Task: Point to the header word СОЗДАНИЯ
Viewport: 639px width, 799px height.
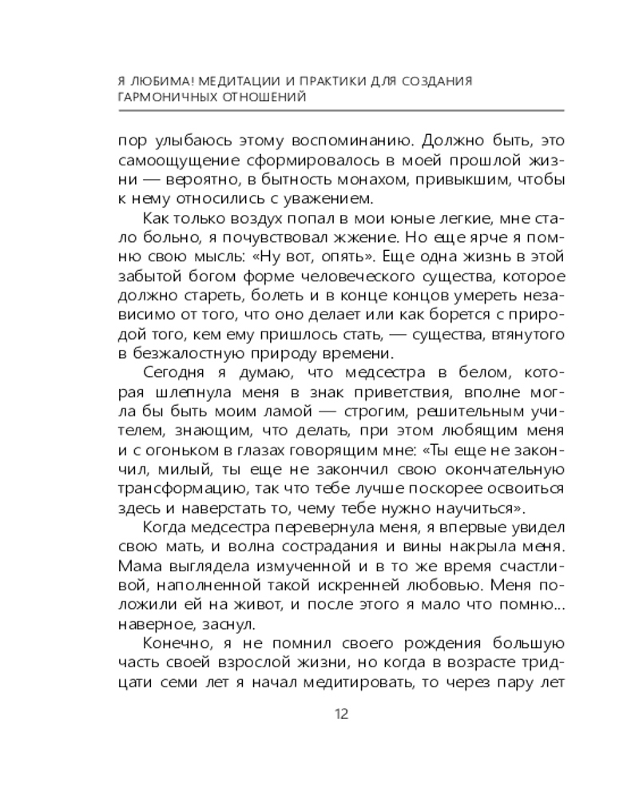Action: (438, 81)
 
